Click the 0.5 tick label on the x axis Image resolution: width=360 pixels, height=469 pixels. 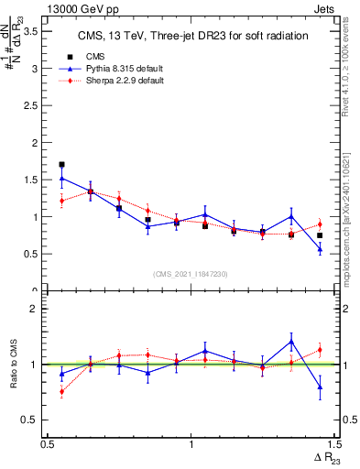pyautogui.click(x=47, y=443)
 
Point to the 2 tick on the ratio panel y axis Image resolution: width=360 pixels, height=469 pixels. pyautogui.click(x=36, y=309)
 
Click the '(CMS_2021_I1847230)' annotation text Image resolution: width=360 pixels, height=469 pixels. pyautogui.click(x=190, y=273)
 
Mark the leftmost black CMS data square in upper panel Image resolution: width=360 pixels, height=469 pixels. pyautogui.click(x=61, y=165)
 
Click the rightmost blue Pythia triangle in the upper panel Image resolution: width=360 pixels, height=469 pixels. pyautogui.click(x=320, y=248)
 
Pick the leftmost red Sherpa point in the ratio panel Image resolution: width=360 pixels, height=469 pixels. pyautogui.click(x=61, y=392)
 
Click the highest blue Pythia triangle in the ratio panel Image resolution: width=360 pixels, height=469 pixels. pyautogui.click(x=291, y=342)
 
